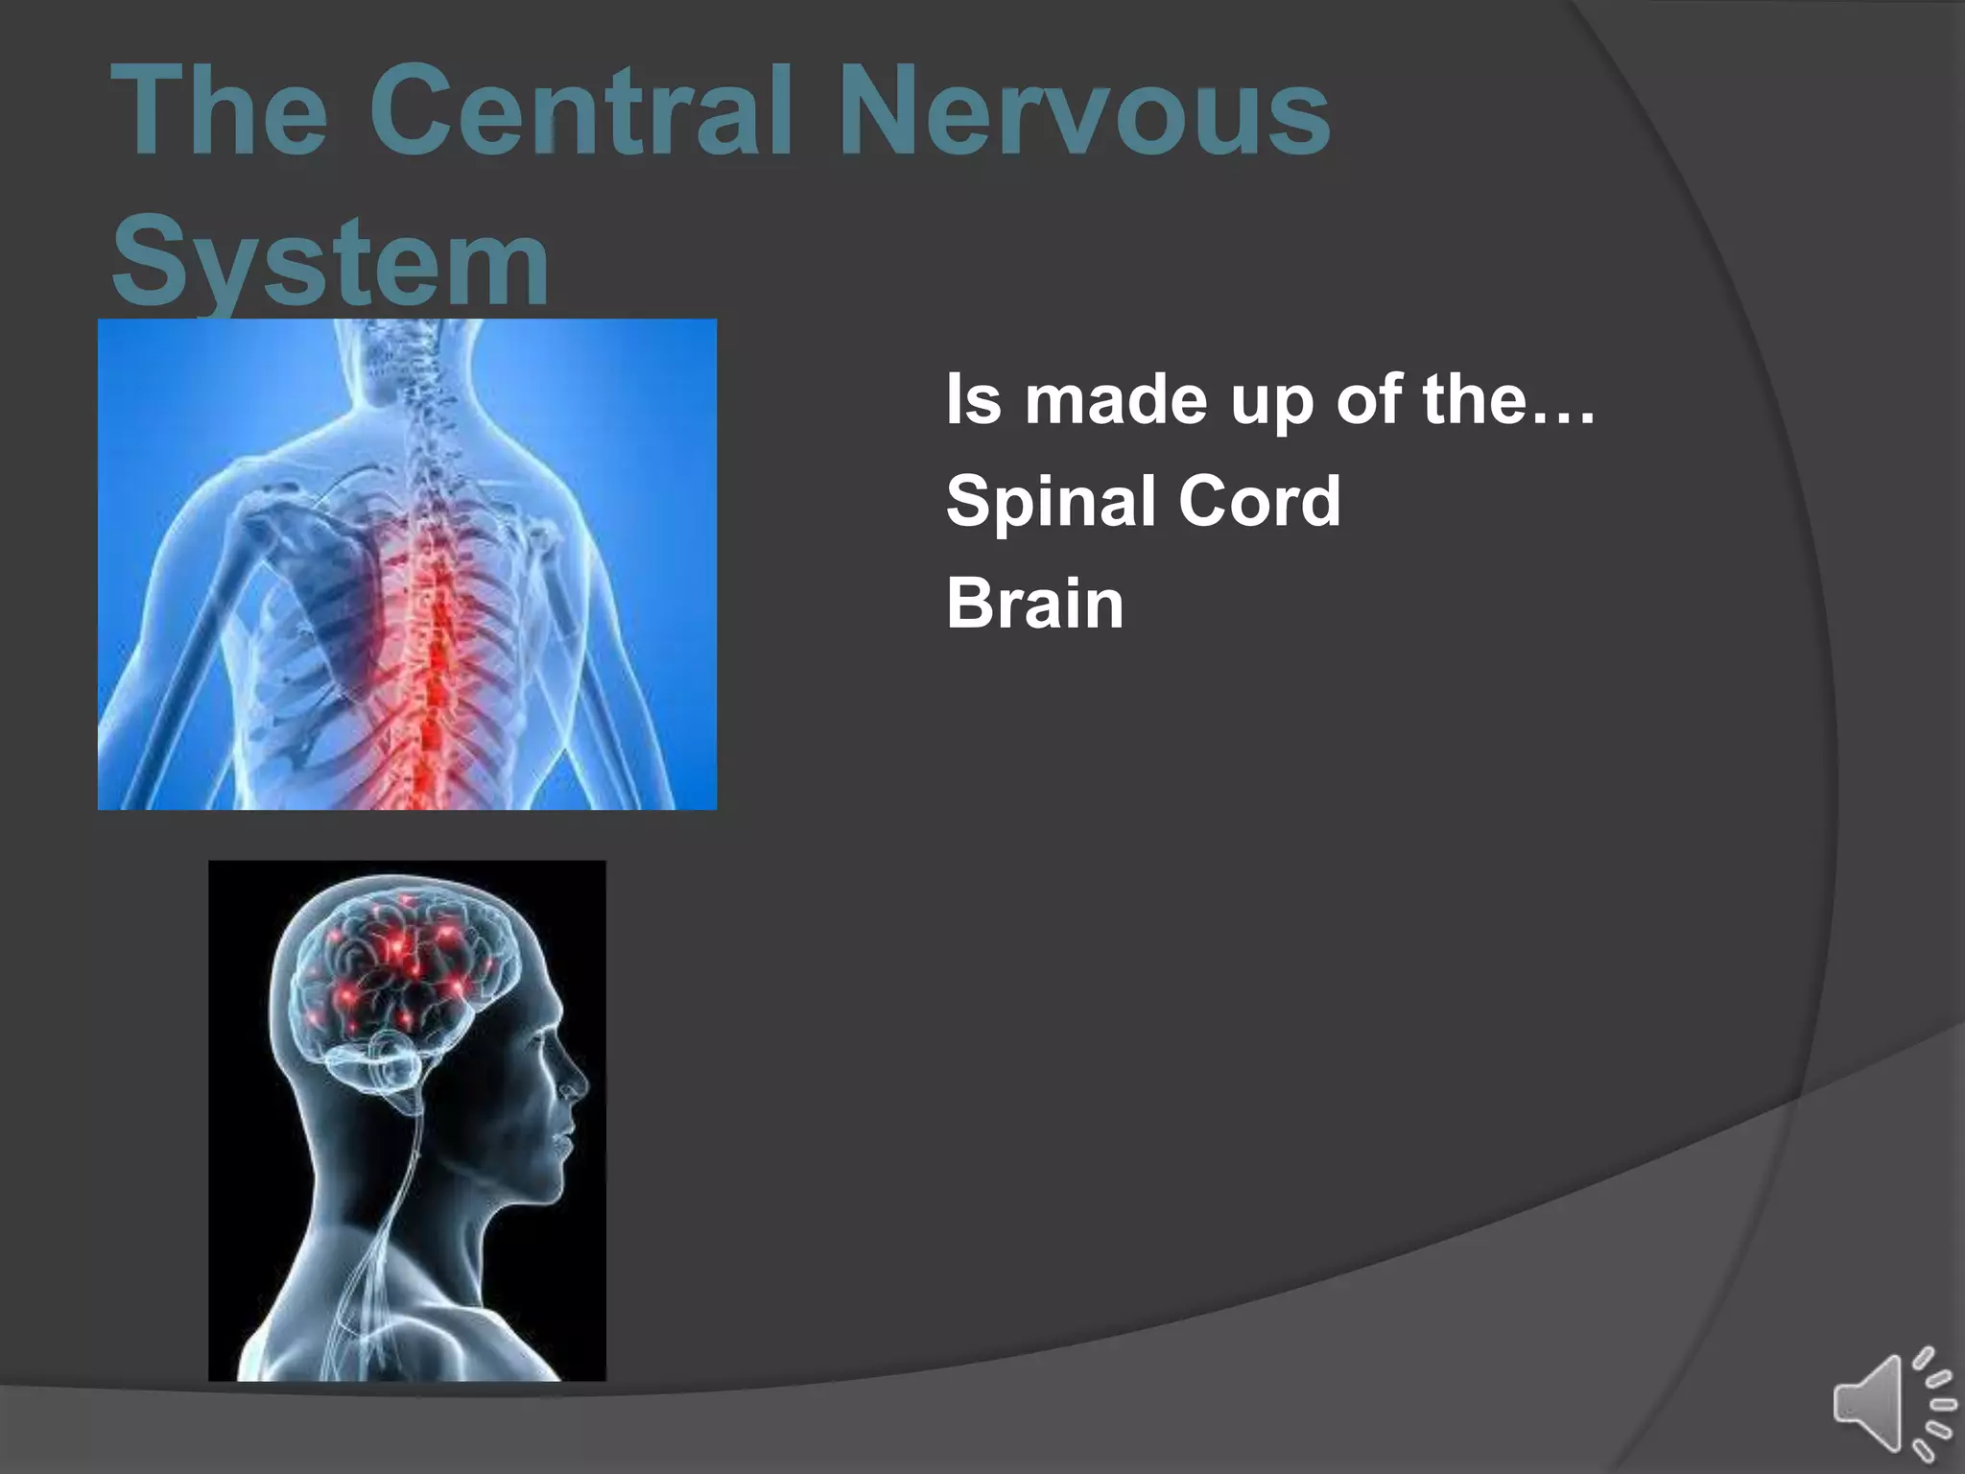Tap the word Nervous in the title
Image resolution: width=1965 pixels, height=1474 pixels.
point(1084,110)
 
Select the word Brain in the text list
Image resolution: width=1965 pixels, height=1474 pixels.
point(1034,604)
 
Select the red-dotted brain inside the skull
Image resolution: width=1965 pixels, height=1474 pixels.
point(403,969)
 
